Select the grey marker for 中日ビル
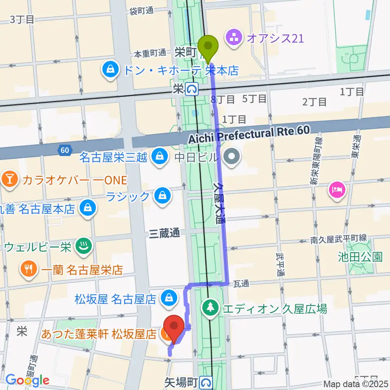point(232,156)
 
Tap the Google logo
point(27,380)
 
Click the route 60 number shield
point(65,150)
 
